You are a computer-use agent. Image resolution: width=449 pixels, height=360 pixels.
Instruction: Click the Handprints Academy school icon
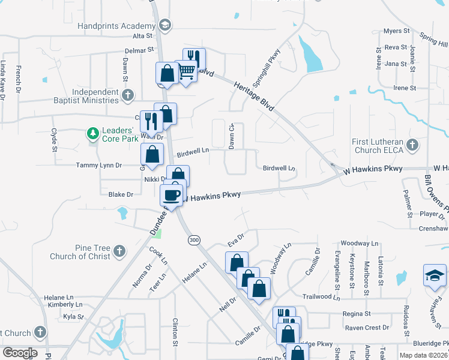coord(165,25)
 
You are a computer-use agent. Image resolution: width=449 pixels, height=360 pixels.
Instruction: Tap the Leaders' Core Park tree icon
coord(92,133)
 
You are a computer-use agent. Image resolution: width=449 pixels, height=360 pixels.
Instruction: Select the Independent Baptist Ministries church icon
coord(127,95)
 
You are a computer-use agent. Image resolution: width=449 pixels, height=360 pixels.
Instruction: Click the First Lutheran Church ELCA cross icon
coord(412,145)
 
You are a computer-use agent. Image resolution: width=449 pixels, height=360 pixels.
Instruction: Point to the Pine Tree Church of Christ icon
coord(119,251)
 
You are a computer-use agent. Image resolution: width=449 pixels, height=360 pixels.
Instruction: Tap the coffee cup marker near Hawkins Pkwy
coord(172,195)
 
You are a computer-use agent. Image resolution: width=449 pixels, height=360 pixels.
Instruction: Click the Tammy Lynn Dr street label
coord(99,165)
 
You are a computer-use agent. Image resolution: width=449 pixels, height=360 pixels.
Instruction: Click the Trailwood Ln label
coord(325,296)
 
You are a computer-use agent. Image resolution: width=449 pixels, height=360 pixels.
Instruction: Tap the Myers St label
coord(396,31)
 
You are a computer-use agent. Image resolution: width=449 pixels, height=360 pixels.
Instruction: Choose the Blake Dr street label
coord(121,194)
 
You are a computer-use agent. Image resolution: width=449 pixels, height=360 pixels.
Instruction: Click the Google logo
coord(20,353)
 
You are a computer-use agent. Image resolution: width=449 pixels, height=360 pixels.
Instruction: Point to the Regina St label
coord(357,314)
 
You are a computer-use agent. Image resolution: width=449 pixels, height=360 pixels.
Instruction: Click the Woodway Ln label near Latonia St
coord(360,243)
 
